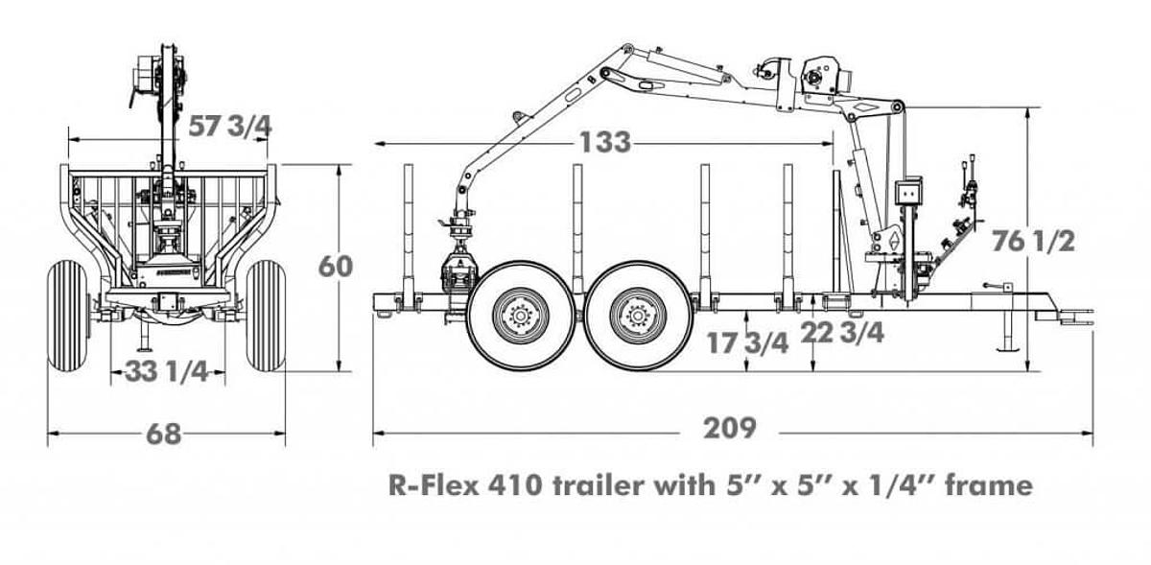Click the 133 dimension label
(604, 143)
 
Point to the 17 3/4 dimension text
(748, 343)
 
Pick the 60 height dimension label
(336, 266)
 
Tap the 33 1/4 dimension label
(167, 372)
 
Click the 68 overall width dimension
(164, 434)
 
